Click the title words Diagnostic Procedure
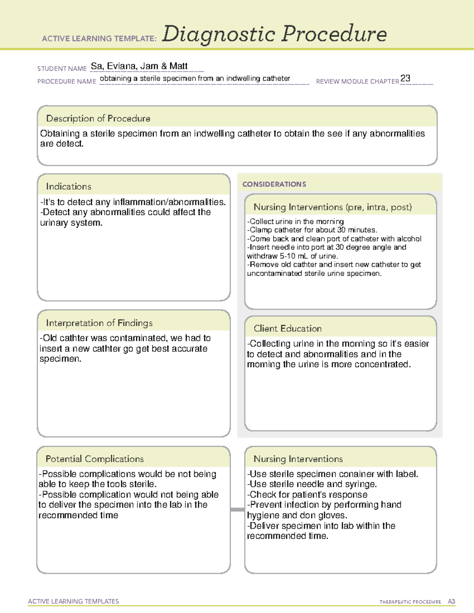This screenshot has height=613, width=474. point(274,34)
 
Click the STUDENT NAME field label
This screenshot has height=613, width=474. point(62,69)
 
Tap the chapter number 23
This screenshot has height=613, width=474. point(405,78)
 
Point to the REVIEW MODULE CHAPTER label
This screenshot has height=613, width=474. point(357,81)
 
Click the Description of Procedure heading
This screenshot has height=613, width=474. point(98,118)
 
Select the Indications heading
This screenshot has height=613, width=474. point(68,186)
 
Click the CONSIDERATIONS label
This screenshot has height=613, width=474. point(274,184)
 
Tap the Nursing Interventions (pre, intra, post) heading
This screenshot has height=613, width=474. point(333,207)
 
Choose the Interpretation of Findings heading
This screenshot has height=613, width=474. point(99,323)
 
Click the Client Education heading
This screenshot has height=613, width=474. point(288,328)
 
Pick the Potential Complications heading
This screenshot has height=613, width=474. point(94,459)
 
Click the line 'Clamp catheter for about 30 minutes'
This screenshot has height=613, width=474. point(312,230)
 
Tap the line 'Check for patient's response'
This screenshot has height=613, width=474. point(307,495)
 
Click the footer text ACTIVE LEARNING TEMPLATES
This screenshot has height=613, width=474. point(73,601)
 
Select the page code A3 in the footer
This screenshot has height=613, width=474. point(451,602)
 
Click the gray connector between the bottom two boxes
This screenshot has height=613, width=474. point(237,510)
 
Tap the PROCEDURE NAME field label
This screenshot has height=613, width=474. point(67,81)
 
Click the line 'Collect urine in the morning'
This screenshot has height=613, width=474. point(295,221)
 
